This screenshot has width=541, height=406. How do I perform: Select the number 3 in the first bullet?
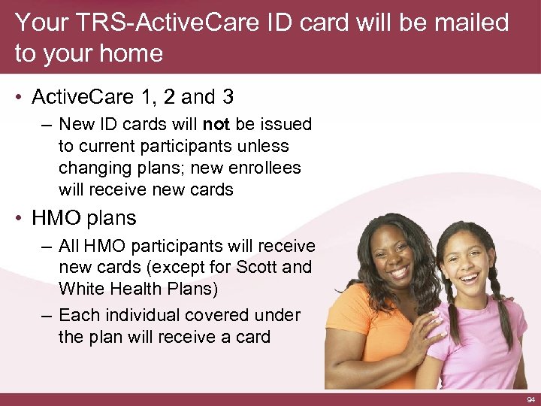pyautogui.click(x=226, y=97)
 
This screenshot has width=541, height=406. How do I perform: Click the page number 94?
pyautogui.click(x=531, y=399)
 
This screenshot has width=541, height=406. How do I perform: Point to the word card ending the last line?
pyautogui.click(x=250, y=337)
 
